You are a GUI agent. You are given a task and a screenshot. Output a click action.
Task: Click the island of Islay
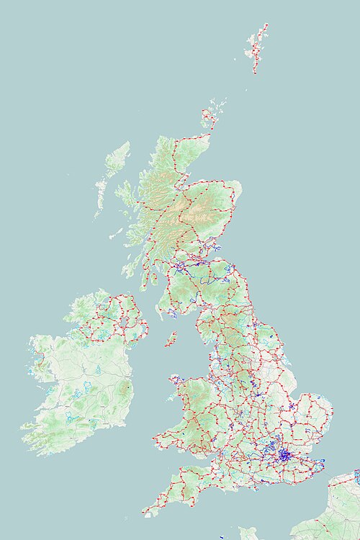click(x=127, y=270)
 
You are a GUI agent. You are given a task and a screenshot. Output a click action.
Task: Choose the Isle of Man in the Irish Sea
click(x=171, y=338)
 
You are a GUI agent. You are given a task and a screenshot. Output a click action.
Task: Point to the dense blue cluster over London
click(x=284, y=456)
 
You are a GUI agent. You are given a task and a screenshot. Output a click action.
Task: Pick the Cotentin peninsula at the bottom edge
click(x=248, y=534)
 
